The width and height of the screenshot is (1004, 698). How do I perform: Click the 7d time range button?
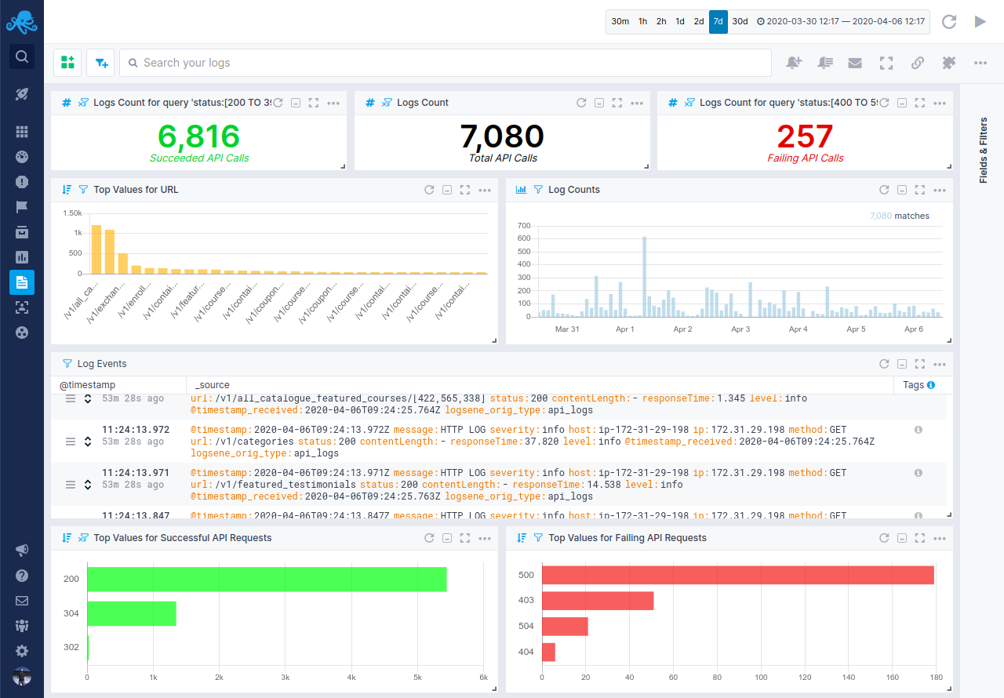pos(718,22)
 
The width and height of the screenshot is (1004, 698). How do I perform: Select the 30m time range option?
pos(620,22)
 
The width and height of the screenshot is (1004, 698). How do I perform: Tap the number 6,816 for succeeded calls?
pos(198,136)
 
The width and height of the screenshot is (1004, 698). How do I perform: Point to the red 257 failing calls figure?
pos(805,136)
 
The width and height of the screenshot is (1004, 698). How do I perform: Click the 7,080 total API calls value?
pos(502,136)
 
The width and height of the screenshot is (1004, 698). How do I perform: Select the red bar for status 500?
pos(737,575)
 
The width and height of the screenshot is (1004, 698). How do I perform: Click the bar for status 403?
pos(598,601)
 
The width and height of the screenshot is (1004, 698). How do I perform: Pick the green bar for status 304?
pos(131,613)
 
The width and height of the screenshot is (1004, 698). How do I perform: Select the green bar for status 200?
pos(267,579)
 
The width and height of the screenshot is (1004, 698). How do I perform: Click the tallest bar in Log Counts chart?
pos(644,277)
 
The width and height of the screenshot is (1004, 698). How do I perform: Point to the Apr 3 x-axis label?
pos(740,329)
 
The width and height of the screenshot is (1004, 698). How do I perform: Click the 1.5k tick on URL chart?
pos(72,213)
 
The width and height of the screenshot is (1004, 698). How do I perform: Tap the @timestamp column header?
pos(87,385)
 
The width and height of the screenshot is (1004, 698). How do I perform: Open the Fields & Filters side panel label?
pos(983,150)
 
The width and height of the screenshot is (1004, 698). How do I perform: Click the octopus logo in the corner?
pos(22,22)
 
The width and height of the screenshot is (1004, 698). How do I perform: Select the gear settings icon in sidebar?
pos(22,651)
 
